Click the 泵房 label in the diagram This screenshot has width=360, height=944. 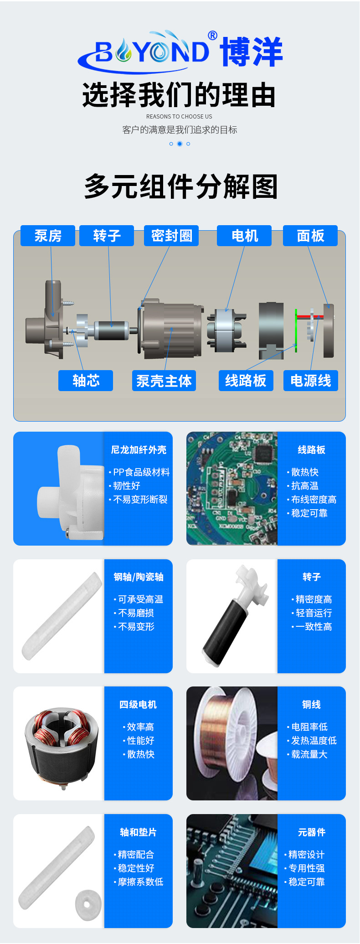coord(48,236)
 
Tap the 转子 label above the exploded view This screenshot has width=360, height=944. coord(107,236)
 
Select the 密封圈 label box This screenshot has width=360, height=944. coord(171,236)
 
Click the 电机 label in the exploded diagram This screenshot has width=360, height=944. coord(244,236)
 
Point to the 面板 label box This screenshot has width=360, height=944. coord(310,236)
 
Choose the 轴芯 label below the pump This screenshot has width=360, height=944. coord(86,381)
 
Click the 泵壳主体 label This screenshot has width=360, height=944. coord(164,381)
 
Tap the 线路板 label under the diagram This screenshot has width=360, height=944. coord(246,381)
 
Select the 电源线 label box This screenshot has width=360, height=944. coord(311,381)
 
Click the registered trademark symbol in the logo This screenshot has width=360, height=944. coord(212,36)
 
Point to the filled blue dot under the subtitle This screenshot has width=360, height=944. coord(180,144)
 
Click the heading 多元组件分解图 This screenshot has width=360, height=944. coord(181,186)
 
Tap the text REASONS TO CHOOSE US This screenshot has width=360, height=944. coord(179,117)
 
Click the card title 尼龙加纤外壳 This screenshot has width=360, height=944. coord(139,450)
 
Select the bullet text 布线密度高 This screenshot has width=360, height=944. coord(314,500)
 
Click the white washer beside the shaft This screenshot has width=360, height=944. coord(88,904)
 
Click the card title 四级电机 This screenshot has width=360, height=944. coord(138,705)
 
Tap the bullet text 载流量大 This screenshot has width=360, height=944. coord(309,754)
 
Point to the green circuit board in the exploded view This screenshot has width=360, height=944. coord(296,330)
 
